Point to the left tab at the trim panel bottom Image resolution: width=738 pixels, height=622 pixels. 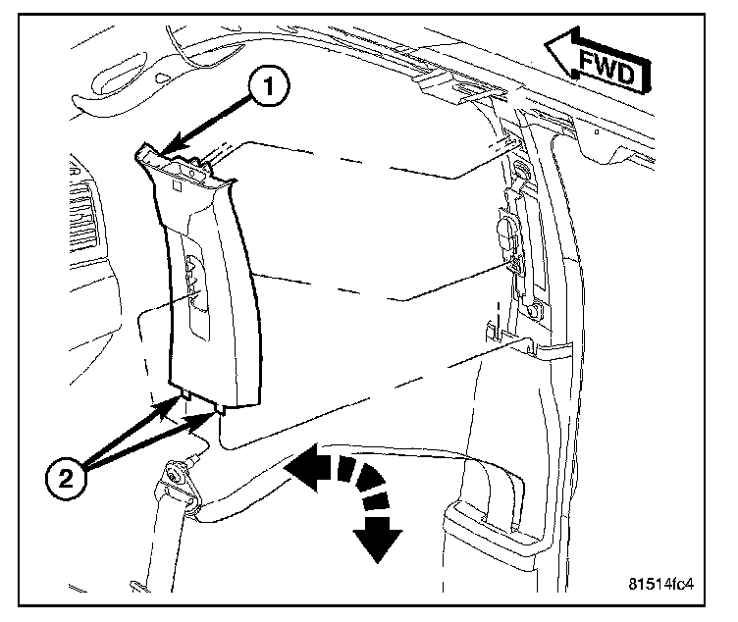click(184, 394)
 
